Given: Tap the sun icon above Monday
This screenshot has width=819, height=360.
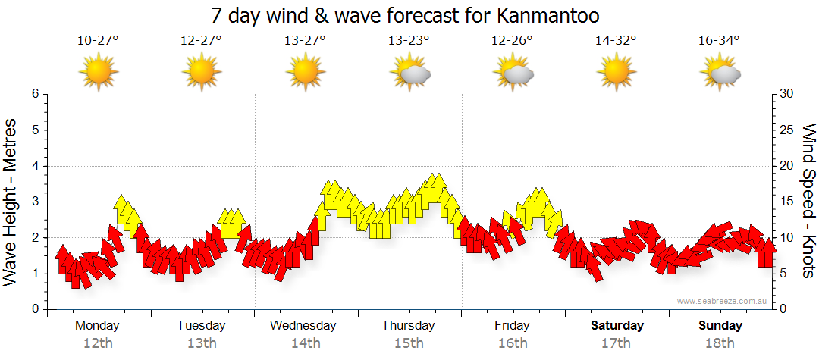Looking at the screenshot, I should (x=99, y=73).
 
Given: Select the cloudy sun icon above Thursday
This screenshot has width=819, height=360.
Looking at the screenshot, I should (x=409, y=73).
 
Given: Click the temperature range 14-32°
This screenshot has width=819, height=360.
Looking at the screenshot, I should (x=616, y=41).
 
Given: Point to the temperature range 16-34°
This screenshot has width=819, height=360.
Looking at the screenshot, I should (x=719, y=41).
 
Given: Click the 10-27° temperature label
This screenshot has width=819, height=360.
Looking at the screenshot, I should (x=98, y=41).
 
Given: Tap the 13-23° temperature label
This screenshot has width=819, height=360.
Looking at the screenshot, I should (x=409, y=41).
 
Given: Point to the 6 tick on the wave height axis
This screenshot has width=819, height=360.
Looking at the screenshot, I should (x=34, y=94).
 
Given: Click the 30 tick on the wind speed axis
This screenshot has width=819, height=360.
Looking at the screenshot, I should (x=786, y=94).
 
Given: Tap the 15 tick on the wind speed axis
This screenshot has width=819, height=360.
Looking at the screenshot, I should (x=786, y=202).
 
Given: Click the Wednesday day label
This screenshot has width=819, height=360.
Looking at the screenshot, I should (x=303, y=326).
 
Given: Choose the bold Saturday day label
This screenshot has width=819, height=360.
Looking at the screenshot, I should (x=617, y=326).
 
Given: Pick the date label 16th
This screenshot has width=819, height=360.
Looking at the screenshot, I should (x=513, y=343).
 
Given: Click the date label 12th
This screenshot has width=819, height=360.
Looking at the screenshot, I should (x=98, y=343).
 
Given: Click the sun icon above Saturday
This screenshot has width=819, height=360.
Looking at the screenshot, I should (x=616, y=73).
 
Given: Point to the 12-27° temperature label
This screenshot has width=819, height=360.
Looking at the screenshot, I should (x=201, y=41).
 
